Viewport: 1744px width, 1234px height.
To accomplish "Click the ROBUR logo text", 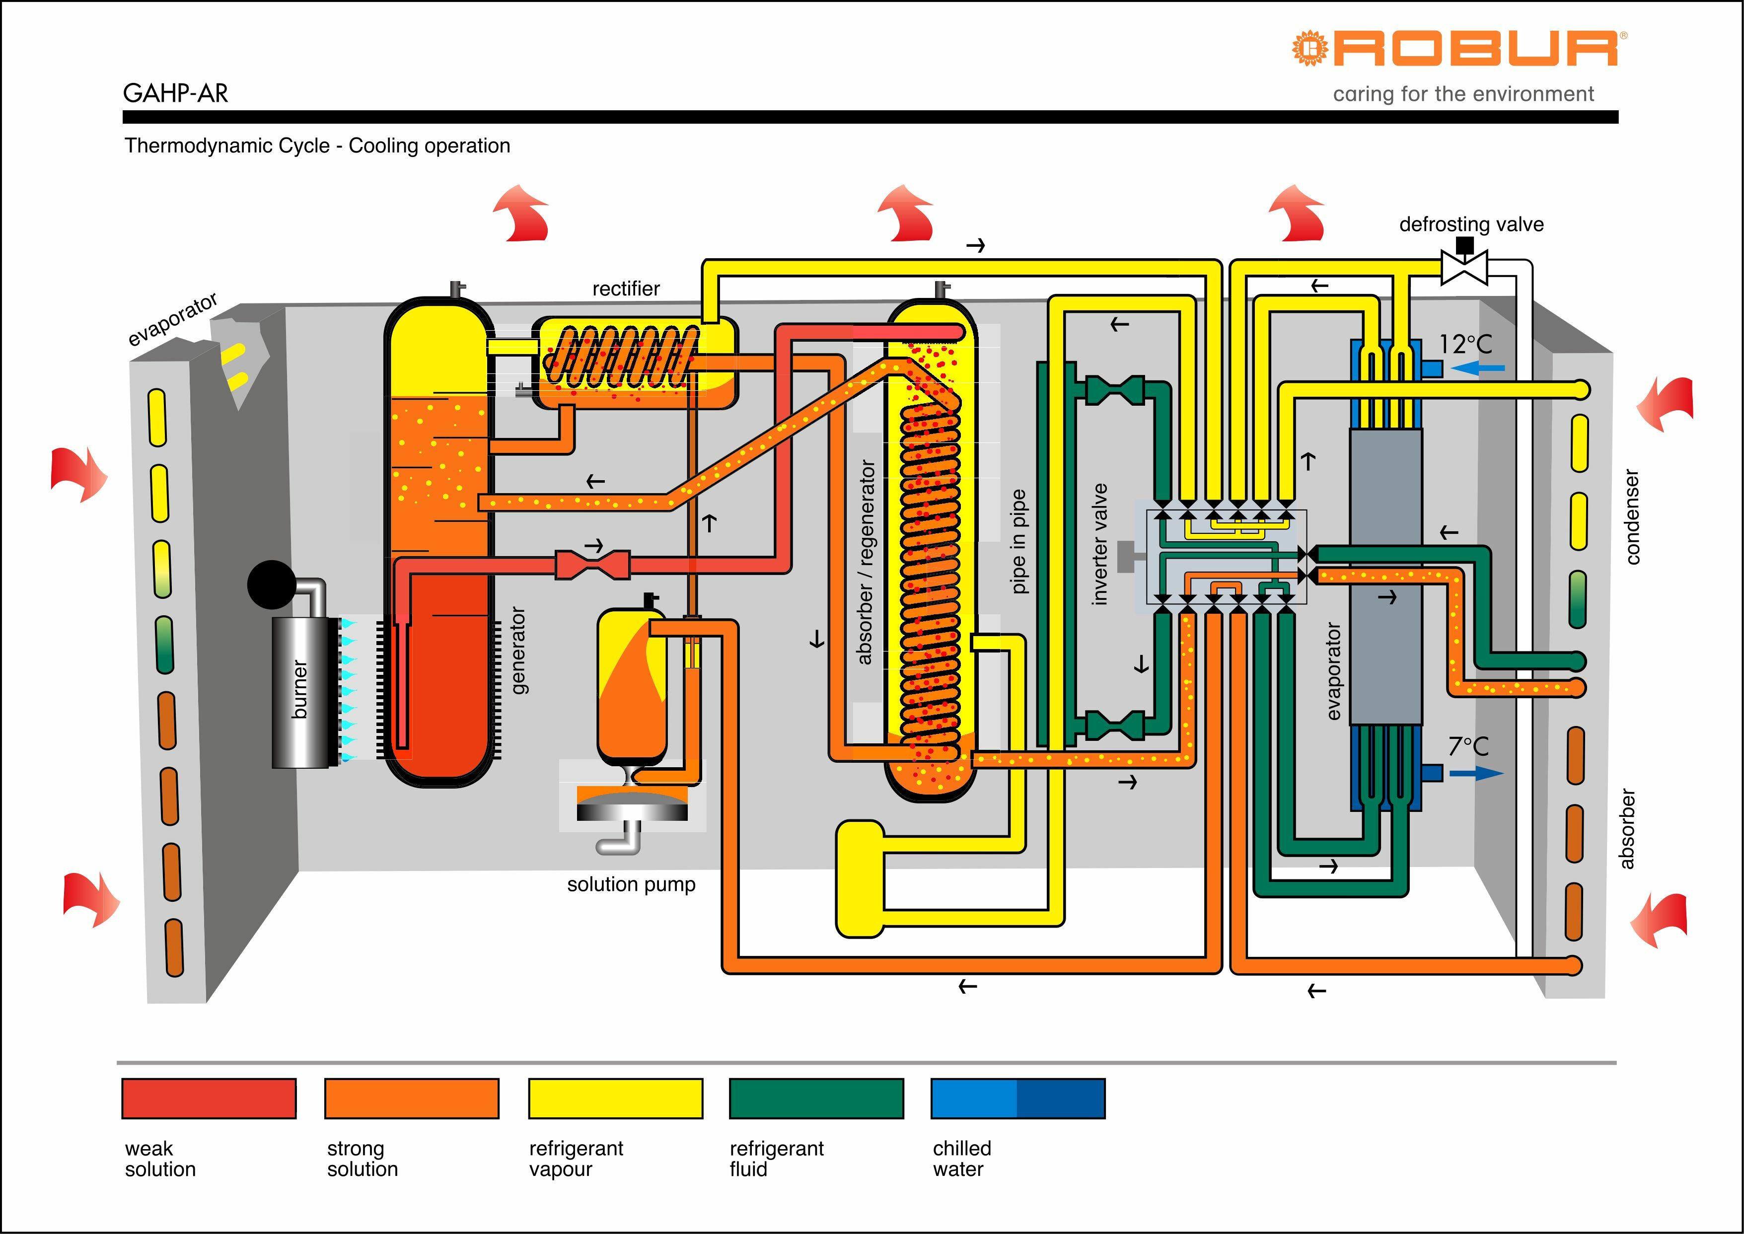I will click(1474, 49).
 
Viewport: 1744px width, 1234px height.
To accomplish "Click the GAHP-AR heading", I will click(175, 93).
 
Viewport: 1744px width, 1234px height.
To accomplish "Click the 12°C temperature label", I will click(1465, 344).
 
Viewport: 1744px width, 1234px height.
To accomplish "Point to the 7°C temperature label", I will click(1468, 746).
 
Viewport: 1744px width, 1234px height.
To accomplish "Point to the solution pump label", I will click(631, 884).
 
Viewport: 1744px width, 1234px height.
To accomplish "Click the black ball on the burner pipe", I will click(271, 584).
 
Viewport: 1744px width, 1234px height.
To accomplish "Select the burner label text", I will click(300, 689).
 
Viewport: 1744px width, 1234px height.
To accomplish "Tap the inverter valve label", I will click(1099, 544).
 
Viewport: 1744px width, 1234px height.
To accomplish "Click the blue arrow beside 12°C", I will click(1477, 368).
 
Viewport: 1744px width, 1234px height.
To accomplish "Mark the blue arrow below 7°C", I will click(1476, 774).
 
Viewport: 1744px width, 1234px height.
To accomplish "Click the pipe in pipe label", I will click(1019, 541).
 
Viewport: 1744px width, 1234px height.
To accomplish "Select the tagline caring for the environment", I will click(1463, 94).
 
